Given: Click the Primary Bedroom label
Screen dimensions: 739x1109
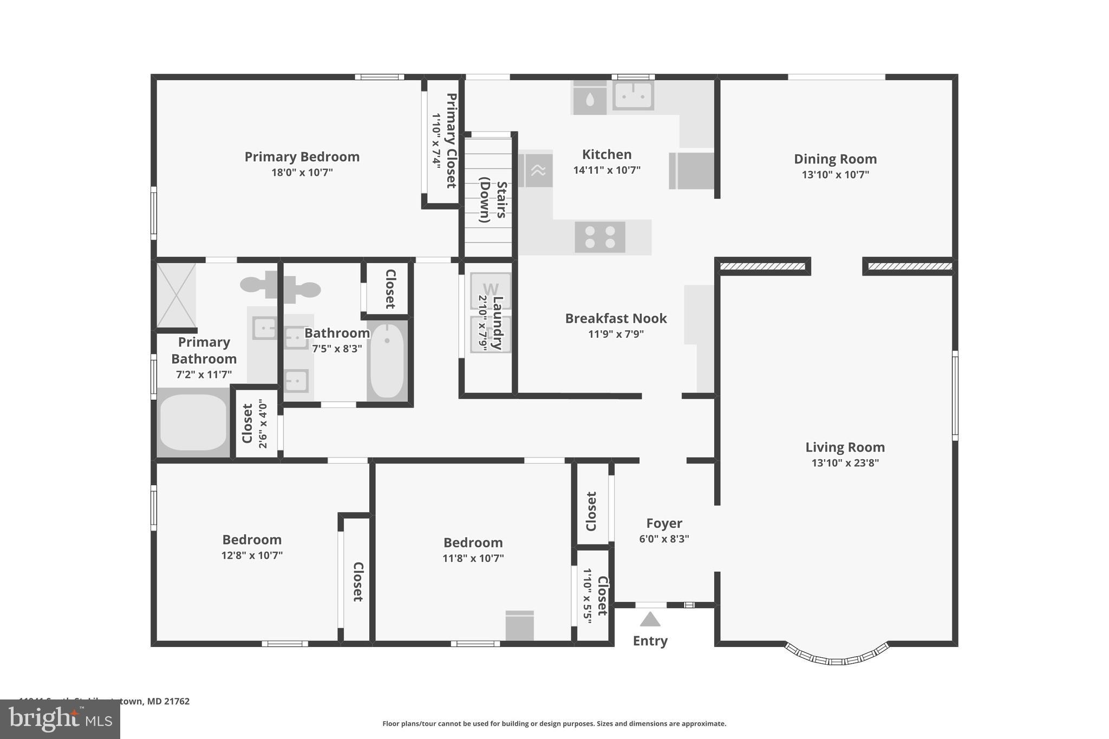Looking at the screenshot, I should pyautogui.click(x=302, y=157).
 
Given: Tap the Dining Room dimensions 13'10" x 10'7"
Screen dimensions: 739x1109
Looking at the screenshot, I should pyautogui.click(x=835, y=175).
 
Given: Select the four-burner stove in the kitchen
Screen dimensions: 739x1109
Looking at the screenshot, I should pyautogui.click(x=600, y=237).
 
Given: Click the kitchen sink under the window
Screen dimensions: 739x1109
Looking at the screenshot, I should pyautogui.click(x=633, y=96).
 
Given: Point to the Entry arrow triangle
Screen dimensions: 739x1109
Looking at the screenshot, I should pyautogui.click(x=650, y=619).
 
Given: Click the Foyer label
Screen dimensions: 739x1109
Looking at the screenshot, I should pyautogui.click(x=664, y=524).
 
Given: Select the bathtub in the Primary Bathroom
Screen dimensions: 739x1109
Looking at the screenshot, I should pyautogui.click(x=193, y=423).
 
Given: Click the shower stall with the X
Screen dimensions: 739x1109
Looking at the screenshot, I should pyautogui.click(x=176, y=296).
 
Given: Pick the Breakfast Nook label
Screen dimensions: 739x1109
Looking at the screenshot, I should pyautogui.click(x=616, y=318).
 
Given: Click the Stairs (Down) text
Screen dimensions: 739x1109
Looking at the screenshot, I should pyautogui.click(x=493, y=200).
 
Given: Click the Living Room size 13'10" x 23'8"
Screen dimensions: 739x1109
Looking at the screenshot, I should pyautogui.click(x=845, y=463).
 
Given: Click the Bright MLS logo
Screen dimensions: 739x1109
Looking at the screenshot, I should pyautogui.click(x=60, y=719).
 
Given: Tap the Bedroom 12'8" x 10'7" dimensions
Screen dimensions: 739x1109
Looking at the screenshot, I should pyautogui.click(x=252, y=555).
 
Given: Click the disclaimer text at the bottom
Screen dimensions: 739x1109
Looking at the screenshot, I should pyautogui.click(x=554, y=724).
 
